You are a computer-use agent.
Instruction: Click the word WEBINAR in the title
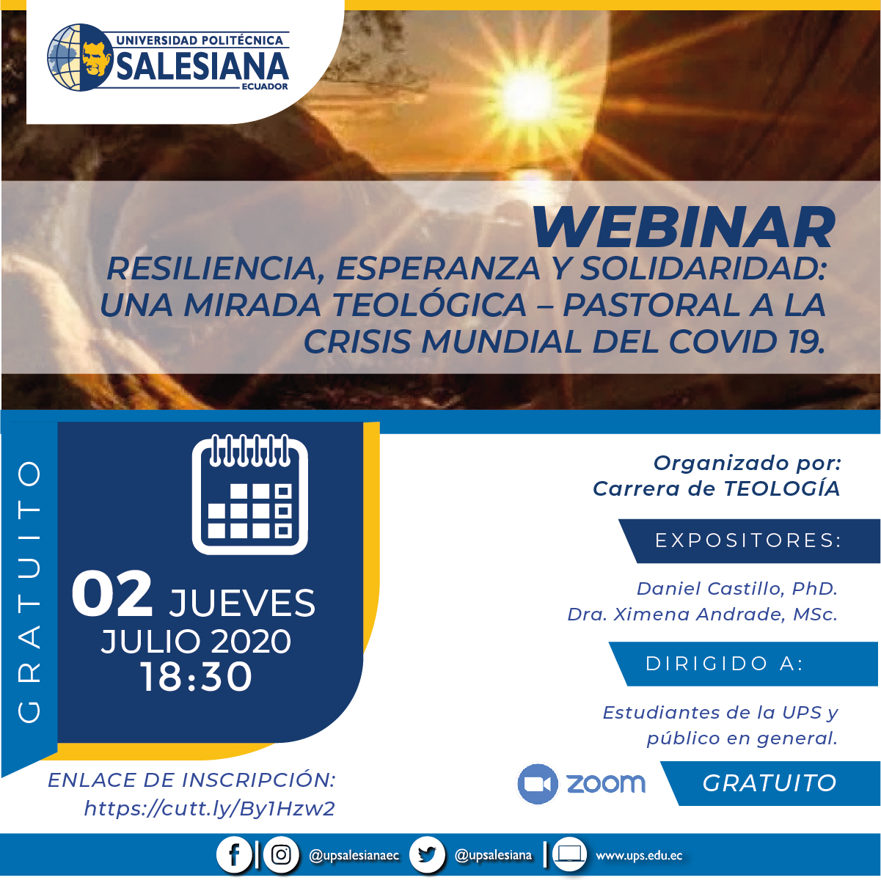pyautogui.click(x=684, y=227)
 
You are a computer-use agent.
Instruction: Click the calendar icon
pyautogui.click(x=250, y=494)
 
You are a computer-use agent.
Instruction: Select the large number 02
pyautogui.click(x=112, y=593)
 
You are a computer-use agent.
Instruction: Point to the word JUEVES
pyautogui.click(x=242, y=603)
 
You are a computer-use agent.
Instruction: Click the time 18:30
pyautogui.click(x=197, y=676)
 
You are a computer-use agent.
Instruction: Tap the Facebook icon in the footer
pyautogui.click(x=233, y=854)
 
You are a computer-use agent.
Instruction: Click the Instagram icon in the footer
pyautogui.click(x=281, y=854)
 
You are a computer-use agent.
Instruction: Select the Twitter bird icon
pyautogui.click(x=427, y=854)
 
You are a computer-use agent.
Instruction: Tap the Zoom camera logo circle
pyautogui.click(x=538, y=783)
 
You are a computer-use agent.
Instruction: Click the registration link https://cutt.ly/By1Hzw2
pyautogui.click(x=210, y=809)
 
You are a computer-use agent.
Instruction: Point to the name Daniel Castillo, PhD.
pyautogui.click(x=737, y=588)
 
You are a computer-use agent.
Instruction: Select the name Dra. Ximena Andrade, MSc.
pyautogui.click(x=702, y=614)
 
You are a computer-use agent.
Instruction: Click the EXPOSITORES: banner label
pyautogui.click(x=748, y=540)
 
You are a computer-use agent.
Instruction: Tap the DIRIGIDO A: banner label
pyautogui.click(x=725, y=664)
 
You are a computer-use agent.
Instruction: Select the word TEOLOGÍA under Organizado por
pyautogui.click(x=782, y=488)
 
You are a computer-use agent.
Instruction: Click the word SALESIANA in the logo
pyautogui.click(x=202, y=66)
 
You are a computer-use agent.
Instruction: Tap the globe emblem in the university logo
pyautogui.click(x=80, y=58)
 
